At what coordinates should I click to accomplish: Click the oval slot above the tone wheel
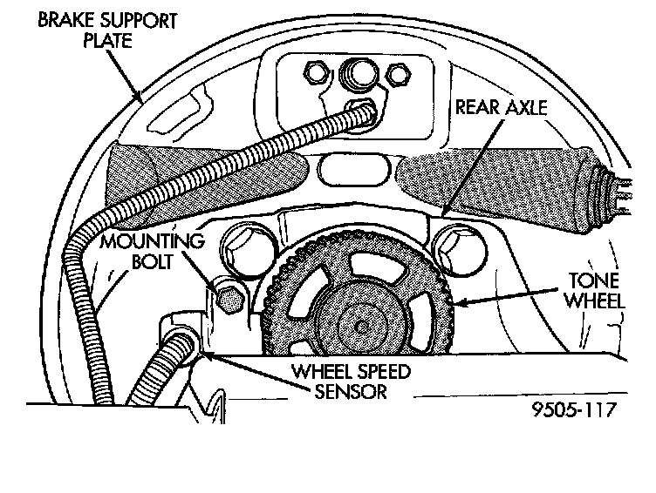[x=352, y=168]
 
